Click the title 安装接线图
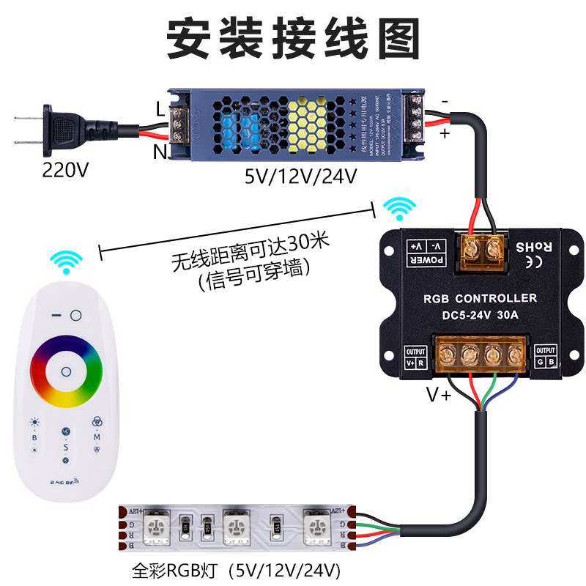click(x=293, y=38)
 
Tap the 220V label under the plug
click(x=65, y=171)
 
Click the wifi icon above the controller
click(x=400, y=208)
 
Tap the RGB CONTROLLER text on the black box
click(x=481, y=298)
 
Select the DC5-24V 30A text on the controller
click(x=480, y=317)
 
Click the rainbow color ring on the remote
click(x=66, y=371)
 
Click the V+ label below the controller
click(x=438, y=395)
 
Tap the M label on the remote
click(x=97, y=437)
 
